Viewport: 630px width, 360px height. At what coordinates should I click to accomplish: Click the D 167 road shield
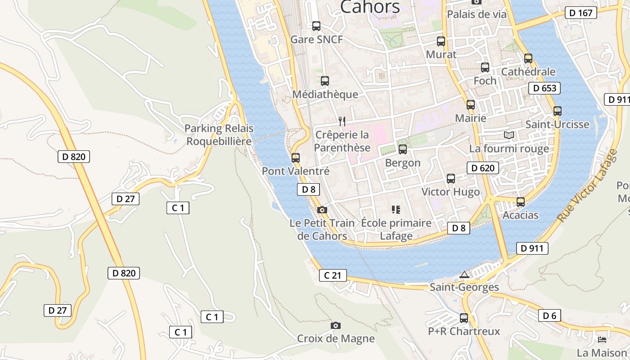[x=581, y=13]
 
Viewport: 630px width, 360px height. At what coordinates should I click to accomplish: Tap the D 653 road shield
[x=544, y=88]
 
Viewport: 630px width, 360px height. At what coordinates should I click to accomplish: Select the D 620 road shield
[x=483, y=168]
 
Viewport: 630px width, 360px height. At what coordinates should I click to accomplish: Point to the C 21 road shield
[x=333, y=275]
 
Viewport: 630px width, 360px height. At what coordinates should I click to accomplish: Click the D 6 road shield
[x=549, y=315]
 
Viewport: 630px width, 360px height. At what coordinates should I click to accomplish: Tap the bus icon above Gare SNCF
[x=316, y=26]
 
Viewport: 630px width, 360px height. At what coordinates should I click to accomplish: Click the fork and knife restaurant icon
[x=342, y=121]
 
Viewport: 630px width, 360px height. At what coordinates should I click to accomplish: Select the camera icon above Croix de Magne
[x=335, y=325]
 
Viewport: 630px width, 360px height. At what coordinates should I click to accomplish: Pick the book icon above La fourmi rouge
[x=508, y=135]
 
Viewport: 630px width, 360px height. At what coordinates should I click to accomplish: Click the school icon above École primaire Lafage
[x=396, y=210]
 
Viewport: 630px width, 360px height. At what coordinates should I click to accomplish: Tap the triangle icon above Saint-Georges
[x=464, y=274]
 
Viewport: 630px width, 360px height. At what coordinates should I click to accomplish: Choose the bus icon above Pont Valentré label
[x=296, y=158]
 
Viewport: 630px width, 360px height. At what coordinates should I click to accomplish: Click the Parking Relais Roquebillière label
[x=219, y=135]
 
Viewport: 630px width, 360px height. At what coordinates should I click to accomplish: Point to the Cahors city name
[x=370, y=7]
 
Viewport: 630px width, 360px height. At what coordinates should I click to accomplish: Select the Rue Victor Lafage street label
[x=588, y=184]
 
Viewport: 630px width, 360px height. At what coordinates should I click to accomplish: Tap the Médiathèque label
[x=325, y=94]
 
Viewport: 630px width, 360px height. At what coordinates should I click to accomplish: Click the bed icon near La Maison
[x=602, y=339]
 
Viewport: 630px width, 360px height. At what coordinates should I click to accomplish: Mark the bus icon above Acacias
[x=521, y=202]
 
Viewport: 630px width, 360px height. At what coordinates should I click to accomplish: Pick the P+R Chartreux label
[x=464, y=331]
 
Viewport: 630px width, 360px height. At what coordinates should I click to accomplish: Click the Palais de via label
[x=477, y=14]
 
